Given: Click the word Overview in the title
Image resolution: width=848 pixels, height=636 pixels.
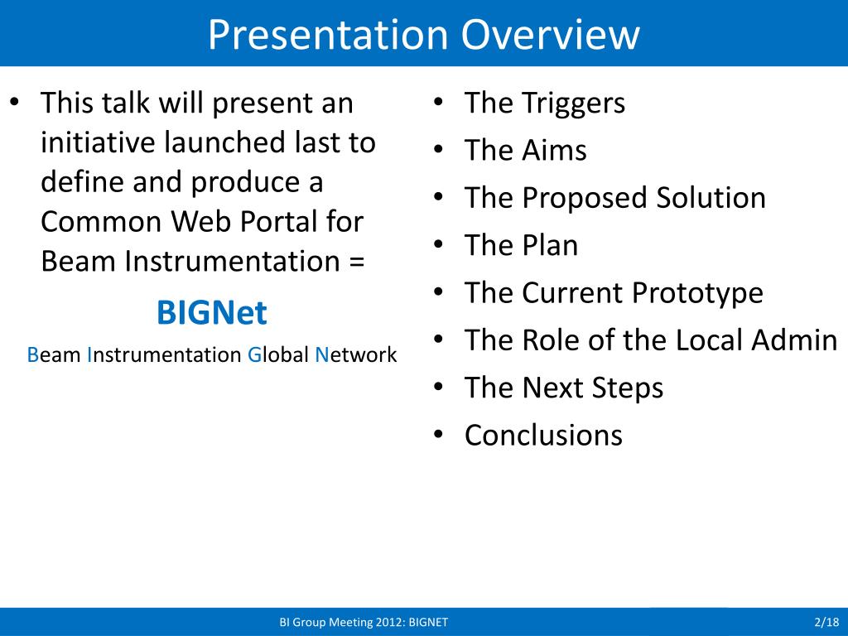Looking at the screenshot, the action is [x=550, y=35].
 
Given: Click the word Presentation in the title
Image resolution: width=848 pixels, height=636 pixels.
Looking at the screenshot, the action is [x=328, y=35].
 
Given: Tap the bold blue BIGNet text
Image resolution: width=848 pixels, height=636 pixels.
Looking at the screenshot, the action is [x=211, y=312].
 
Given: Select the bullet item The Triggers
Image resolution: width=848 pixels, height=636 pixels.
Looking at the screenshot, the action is [x=545, y=104].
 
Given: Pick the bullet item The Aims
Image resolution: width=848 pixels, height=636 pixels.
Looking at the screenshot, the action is [x=526, y=150].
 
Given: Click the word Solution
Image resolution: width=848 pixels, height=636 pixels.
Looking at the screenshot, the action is [x=711, y=197].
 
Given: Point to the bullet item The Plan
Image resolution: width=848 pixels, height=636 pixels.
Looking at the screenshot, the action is [x=522, y=245].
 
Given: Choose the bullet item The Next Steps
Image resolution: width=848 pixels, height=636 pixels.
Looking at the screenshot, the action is [x=564, y=388].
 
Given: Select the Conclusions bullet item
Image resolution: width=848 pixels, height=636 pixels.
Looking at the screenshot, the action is [x=543, y=436].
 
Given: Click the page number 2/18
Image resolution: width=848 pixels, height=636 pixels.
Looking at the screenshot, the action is [x=826, y=622].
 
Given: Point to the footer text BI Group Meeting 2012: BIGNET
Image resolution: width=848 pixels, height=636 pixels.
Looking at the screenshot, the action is [x=364, y=622].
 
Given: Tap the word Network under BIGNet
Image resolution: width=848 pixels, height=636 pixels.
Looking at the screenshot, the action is [x=356, y=354].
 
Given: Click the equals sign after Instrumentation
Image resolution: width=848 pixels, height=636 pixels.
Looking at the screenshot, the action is [x=356, y=262].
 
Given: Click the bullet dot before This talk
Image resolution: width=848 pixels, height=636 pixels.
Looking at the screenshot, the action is [x=15, y=102].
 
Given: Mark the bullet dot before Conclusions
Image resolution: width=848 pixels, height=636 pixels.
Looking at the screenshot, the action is [x=439, y=434].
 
